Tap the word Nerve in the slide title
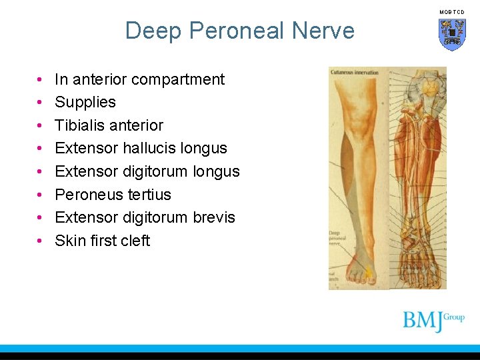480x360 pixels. pos(322,31)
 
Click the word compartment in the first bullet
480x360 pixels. pos(178,79)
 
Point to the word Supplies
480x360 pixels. pos(85,102)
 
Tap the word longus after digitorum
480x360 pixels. pos(216,171)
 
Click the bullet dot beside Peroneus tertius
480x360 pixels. pos(41,195)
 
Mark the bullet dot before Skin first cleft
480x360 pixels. pos(41,241)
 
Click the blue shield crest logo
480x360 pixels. pos(452,34)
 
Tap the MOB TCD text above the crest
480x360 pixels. pos(451,12)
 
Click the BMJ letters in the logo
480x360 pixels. pos(423,321)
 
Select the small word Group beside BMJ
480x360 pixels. pos(454,317)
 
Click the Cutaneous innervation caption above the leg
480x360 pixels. pos(354,72)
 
